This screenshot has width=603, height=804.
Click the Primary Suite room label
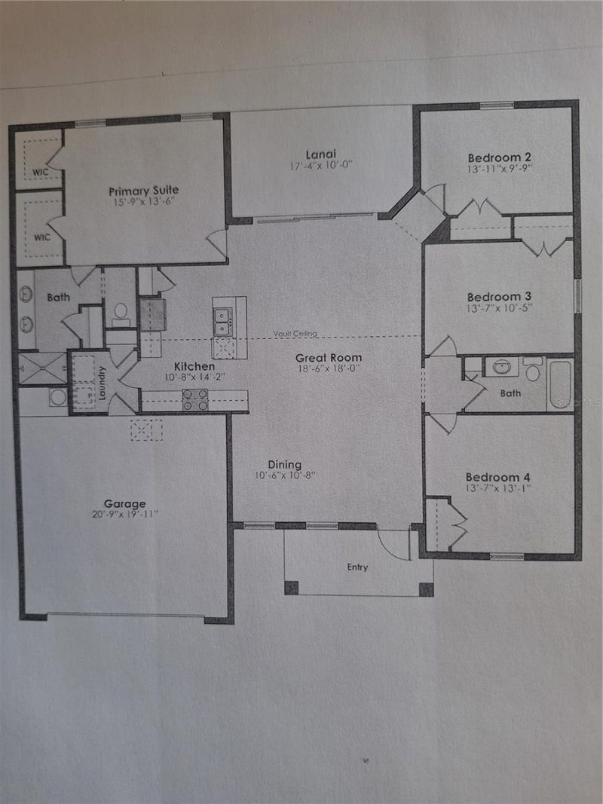143,191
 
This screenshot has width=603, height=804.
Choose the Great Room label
328,357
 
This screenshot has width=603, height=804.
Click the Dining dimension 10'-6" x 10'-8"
284,475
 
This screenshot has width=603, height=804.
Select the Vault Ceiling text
296,333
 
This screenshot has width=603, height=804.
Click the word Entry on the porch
357,567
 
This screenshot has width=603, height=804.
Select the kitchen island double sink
222,323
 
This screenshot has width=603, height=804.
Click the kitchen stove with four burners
195,399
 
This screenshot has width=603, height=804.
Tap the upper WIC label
41,172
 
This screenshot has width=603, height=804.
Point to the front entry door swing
394,543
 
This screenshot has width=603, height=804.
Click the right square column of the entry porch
426,588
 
